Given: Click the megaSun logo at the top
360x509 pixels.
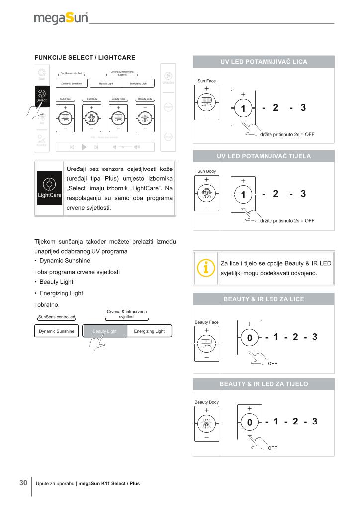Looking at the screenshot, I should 61,19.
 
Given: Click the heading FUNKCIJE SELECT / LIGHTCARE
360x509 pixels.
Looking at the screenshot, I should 85,58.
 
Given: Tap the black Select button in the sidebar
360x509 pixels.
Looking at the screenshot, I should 42,96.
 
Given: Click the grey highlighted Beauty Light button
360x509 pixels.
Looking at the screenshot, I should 104,331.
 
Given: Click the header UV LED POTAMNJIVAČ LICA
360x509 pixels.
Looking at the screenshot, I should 264,62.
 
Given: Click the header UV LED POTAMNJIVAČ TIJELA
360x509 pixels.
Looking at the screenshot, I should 264,156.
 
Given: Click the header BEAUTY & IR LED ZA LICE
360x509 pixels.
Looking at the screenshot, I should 264,299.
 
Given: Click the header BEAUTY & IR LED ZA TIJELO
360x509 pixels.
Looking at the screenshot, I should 264,384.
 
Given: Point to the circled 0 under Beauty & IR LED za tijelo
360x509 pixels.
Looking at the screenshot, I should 250,423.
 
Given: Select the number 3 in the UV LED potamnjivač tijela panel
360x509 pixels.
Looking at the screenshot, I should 303,194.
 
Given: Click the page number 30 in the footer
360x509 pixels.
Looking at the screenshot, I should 23,482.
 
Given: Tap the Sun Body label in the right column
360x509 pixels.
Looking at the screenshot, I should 206,171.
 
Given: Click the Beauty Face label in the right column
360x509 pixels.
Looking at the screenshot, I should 206,322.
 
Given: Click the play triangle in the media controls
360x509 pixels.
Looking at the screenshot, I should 84,147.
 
